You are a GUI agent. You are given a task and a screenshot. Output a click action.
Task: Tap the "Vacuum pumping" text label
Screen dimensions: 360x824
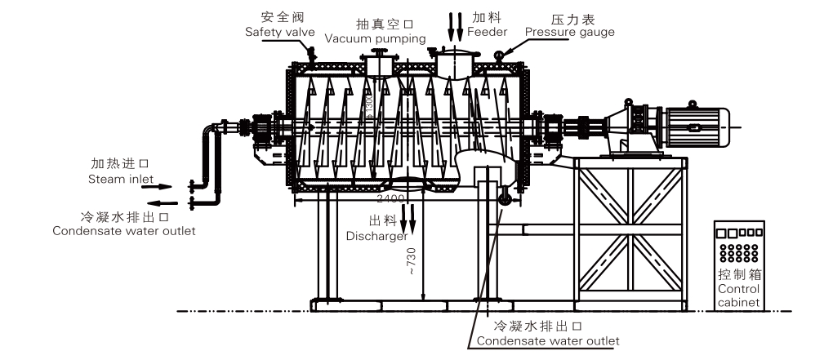375,38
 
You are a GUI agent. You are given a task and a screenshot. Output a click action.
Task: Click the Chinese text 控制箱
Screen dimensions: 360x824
738,275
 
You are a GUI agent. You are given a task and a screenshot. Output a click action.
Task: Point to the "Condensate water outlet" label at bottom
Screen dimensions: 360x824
547,340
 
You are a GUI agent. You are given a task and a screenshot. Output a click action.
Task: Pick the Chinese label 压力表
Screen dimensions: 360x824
570,16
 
